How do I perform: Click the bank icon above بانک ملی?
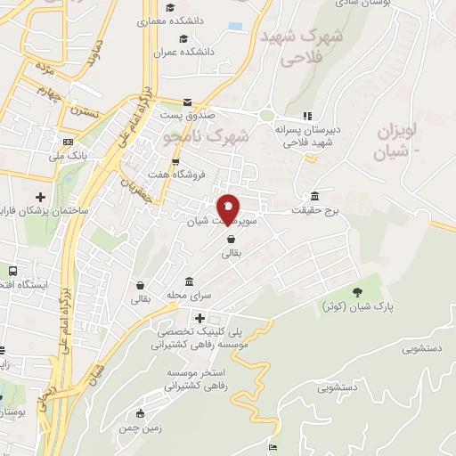(x=69, y=142)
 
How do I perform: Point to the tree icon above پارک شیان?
(x=358, y=291)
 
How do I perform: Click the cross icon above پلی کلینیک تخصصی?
(x=199, y=318)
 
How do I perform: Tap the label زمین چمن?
(x=140, y=428)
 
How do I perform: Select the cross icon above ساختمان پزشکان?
(x=40, y=197)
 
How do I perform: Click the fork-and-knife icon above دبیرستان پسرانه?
(x=307, y=115)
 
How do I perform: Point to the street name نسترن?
(x=83, y=113)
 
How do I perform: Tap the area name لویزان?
(x=398, y=132)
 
